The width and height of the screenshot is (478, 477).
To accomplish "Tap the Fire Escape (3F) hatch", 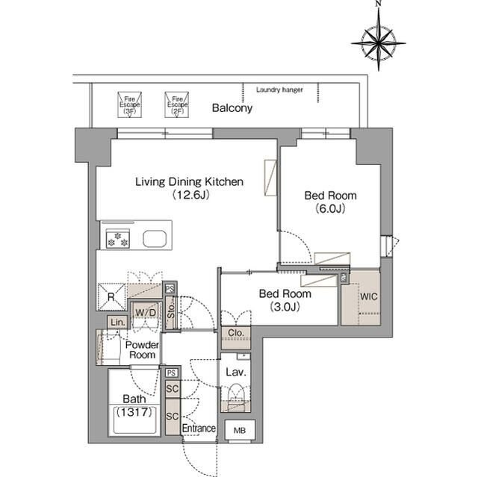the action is tap(129, 105).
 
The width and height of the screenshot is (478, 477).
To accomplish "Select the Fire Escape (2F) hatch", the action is tap(177, 105).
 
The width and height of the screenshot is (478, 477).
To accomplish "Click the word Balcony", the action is tap(232, 107).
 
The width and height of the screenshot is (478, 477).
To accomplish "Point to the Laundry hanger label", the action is tap(279, 90).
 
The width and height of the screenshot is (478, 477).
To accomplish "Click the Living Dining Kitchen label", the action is tap(189, 181).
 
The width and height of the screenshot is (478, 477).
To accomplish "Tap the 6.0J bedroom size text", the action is tap(330, 208).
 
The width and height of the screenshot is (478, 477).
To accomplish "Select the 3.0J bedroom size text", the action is tap(285, 307).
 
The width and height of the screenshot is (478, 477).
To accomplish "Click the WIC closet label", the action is tap(368, 296).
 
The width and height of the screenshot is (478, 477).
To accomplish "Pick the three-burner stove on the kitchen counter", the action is tap(118, 239).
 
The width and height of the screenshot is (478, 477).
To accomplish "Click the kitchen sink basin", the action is tap(155, 239).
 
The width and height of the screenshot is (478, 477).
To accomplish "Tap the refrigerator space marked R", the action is tap(111, 297).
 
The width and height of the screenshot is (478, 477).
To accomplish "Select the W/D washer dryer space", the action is tap(146, 312).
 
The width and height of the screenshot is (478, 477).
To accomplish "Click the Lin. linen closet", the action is tap(118, 322).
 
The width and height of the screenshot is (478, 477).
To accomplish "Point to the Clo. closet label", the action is tap(236, 333).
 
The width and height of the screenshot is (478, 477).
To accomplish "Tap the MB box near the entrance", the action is tap(240, 431).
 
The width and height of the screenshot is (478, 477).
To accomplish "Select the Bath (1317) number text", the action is tap(134, 412).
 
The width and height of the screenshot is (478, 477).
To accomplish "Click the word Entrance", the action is tap(199, 428).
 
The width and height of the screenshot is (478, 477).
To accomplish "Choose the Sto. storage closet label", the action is tap(171, 311).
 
